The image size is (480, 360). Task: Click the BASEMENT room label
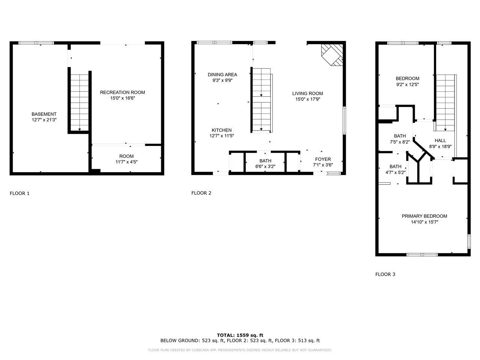pos(44,114)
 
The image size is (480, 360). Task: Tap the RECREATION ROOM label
pos(122,92)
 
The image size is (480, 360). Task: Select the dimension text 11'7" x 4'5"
pos(126,162)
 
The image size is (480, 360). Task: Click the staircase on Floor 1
pos(79,101)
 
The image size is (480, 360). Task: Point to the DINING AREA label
pos(222,75)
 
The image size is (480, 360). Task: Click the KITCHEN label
pos(221,130)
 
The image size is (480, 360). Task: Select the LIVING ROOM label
pos(307,93)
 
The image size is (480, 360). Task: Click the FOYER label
pos(323,159)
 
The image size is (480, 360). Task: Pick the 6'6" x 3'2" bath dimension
pos(265,166)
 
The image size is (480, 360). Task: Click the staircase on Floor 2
pos(261,100)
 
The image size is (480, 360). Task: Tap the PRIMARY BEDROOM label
pos(424,216)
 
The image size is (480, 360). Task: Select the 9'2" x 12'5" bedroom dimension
pos(407,84)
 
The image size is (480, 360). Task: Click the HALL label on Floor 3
pos(440,141)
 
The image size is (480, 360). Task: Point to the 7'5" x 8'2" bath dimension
pos(400,142)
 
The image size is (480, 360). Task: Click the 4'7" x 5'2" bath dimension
pos(395,172)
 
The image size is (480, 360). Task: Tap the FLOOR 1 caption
pos(19,193)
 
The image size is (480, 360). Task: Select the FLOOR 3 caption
pos(385,274)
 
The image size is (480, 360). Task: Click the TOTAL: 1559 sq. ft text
pos(240,335)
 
